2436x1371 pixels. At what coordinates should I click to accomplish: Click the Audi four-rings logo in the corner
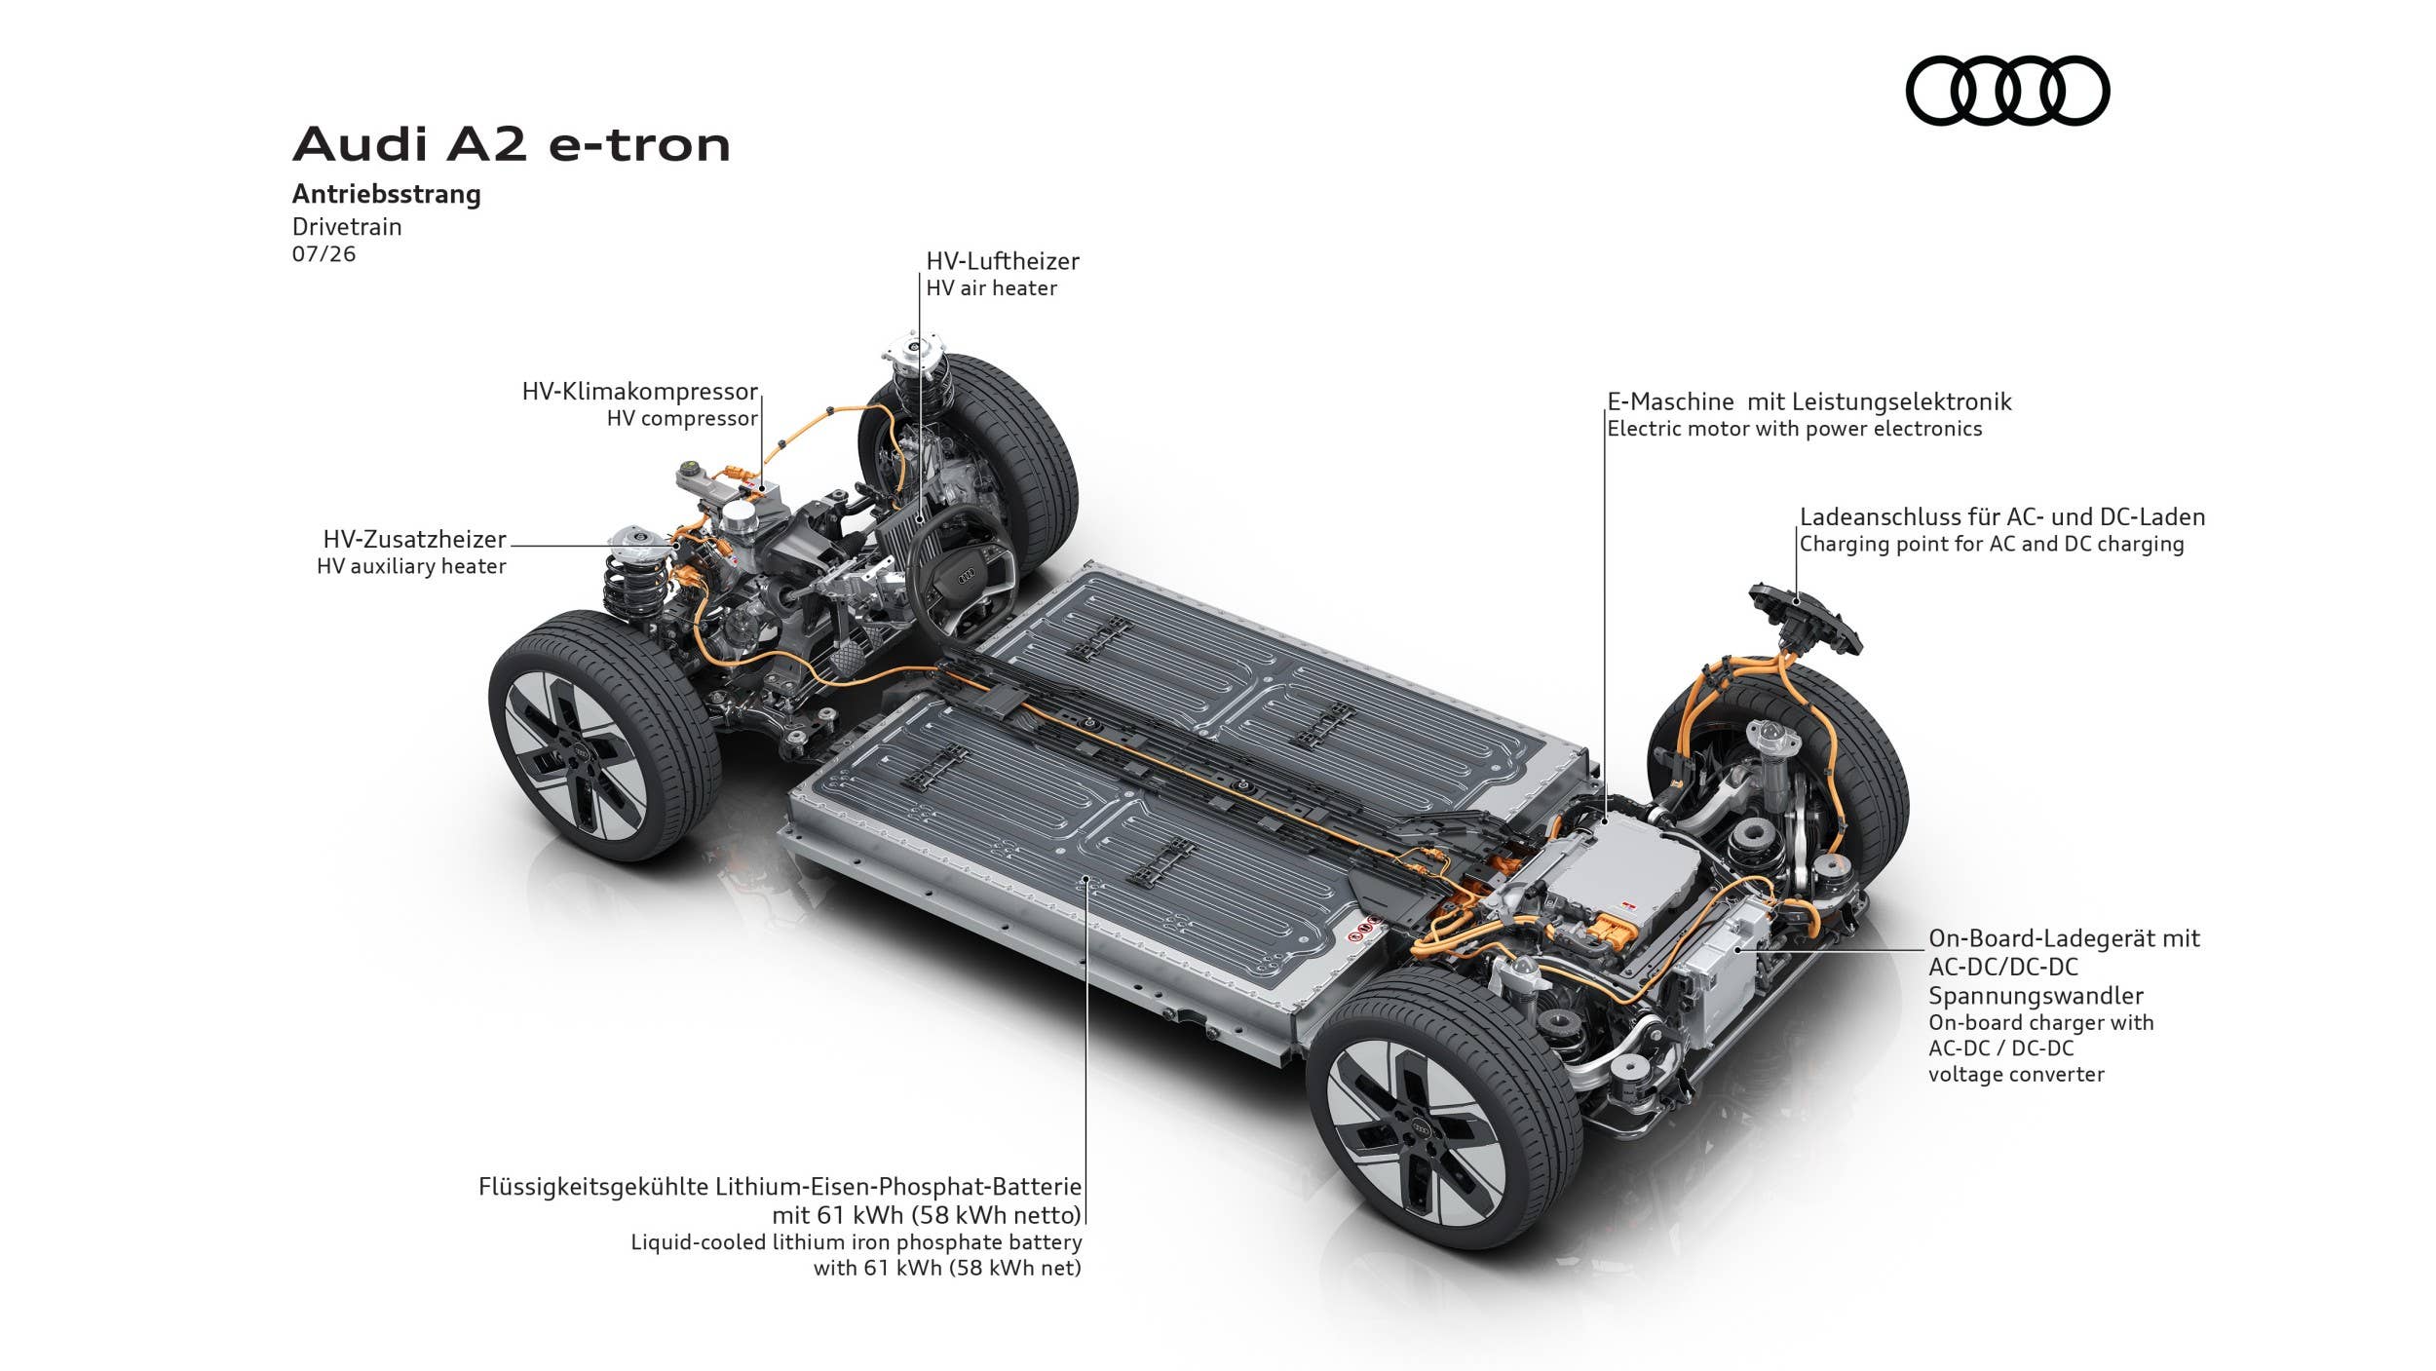pyautogui.click(x=2007, y=91)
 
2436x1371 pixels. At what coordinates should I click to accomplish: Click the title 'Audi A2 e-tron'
pyautogui.click(x=512, y=144)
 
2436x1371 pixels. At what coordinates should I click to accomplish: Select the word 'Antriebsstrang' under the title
pyautogui.click(x=387, y=194)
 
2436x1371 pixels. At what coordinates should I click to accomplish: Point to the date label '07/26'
pyautogui.click(x=324, y=254)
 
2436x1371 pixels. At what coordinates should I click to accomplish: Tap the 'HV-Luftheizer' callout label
pyautogui.click(x=1003, y=261)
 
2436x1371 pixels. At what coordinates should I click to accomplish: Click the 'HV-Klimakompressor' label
pyautogui.click(x=639, y=392)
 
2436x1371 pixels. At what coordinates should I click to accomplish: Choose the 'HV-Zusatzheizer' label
pyautogui.click(x=414, y=540)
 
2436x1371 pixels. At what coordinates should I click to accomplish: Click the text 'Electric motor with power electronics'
pyautogui.click(x=1794, y=429)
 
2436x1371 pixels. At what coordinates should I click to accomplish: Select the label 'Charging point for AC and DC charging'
pyautogui.click(x=1992, y=544)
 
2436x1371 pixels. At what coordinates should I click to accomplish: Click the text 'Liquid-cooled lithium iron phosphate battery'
pyautogui.click(x=856, y=1242)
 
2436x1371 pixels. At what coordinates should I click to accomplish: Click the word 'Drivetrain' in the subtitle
pyautogui.click(x=347, y=227)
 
